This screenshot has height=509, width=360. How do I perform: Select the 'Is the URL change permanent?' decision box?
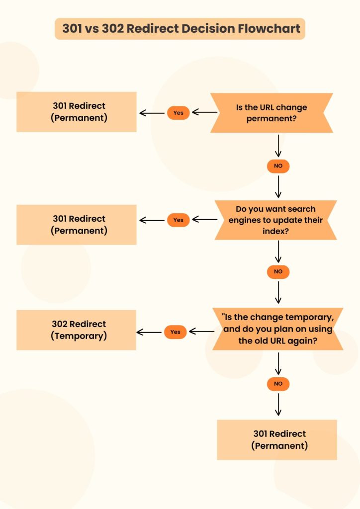(271, 113)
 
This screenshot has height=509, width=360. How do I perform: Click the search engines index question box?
(276, 220)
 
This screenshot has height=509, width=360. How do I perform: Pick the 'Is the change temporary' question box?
(278, 329)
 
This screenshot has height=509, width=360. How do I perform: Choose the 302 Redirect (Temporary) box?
(77, 330)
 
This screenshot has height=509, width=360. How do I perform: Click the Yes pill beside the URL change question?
(178, 113)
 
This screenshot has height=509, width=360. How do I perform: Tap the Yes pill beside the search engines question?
(178, 220)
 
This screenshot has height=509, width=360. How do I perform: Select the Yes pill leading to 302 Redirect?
(175, 332)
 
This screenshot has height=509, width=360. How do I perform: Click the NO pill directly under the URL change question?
(278, 166)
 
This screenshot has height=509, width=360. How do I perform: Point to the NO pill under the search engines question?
(278, 271)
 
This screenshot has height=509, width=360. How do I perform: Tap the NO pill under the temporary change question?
(278, 383)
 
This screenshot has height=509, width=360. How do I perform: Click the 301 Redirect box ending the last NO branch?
(277, 439)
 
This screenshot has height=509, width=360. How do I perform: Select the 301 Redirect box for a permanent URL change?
(77, 112)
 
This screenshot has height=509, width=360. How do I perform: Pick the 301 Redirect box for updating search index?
(77, 225)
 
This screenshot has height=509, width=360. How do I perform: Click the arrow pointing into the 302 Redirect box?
(149, 332)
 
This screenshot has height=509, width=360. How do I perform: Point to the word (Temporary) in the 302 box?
(79, 336)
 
